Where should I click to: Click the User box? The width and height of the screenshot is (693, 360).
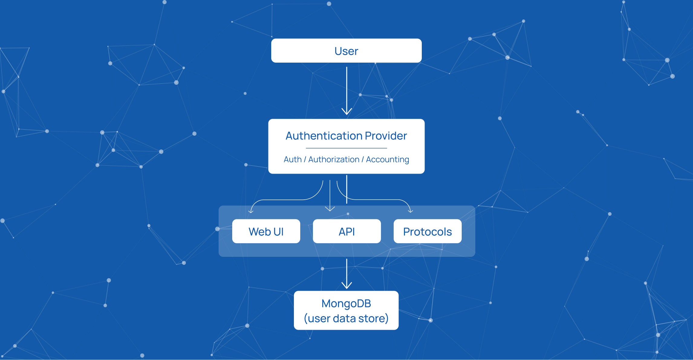pos(346,51)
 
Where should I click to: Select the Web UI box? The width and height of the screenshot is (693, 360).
pos(266,231)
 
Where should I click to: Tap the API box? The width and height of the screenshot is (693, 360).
pos(346,231)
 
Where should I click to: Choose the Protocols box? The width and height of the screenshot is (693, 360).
pos(427,231)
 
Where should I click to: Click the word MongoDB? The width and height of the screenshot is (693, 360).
pos(346,303)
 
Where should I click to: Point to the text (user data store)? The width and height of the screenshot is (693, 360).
pos(346,318)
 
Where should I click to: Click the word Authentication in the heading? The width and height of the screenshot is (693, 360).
pos(324,136)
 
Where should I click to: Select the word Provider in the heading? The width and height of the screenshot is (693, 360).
pos(386,136)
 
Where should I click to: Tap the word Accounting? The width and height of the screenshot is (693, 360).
pos(387,159)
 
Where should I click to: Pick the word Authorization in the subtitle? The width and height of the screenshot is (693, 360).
pos(334,159)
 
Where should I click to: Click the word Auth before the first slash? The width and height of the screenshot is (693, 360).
pos(293,159)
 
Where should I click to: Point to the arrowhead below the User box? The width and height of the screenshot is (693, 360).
pos(346,111)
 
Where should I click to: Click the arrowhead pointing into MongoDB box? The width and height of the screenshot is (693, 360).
pos(346,285)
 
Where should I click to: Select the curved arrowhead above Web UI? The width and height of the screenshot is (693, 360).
pos(251,211)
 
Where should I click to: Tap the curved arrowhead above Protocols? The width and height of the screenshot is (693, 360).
pos(410,211)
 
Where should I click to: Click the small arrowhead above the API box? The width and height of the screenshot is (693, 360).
pos(330,209)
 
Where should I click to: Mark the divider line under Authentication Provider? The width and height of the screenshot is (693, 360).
pos(346,148)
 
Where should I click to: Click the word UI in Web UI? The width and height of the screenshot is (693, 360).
pos(278,231)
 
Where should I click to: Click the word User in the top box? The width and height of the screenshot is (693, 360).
pos(346,51)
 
